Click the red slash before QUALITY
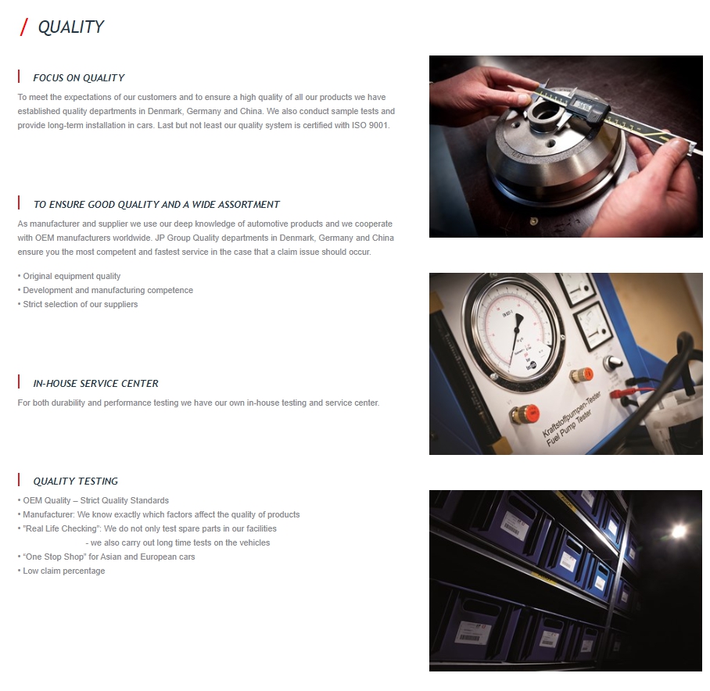coord(24,27)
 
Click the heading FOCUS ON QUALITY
coord(79,78)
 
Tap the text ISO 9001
coord(371,125)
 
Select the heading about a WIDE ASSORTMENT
coord(156,205)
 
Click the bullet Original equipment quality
coord(69,276)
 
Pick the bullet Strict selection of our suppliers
coord(77,304)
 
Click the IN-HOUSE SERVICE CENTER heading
coord(95,384)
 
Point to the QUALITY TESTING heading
coord(76,482)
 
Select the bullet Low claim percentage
coord(61,571)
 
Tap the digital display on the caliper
coord(581,106)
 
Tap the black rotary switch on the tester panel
coord(614,362)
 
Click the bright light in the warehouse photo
coord(678,532)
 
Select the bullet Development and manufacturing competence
coord(105,290)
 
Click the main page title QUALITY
coord(71,27)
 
